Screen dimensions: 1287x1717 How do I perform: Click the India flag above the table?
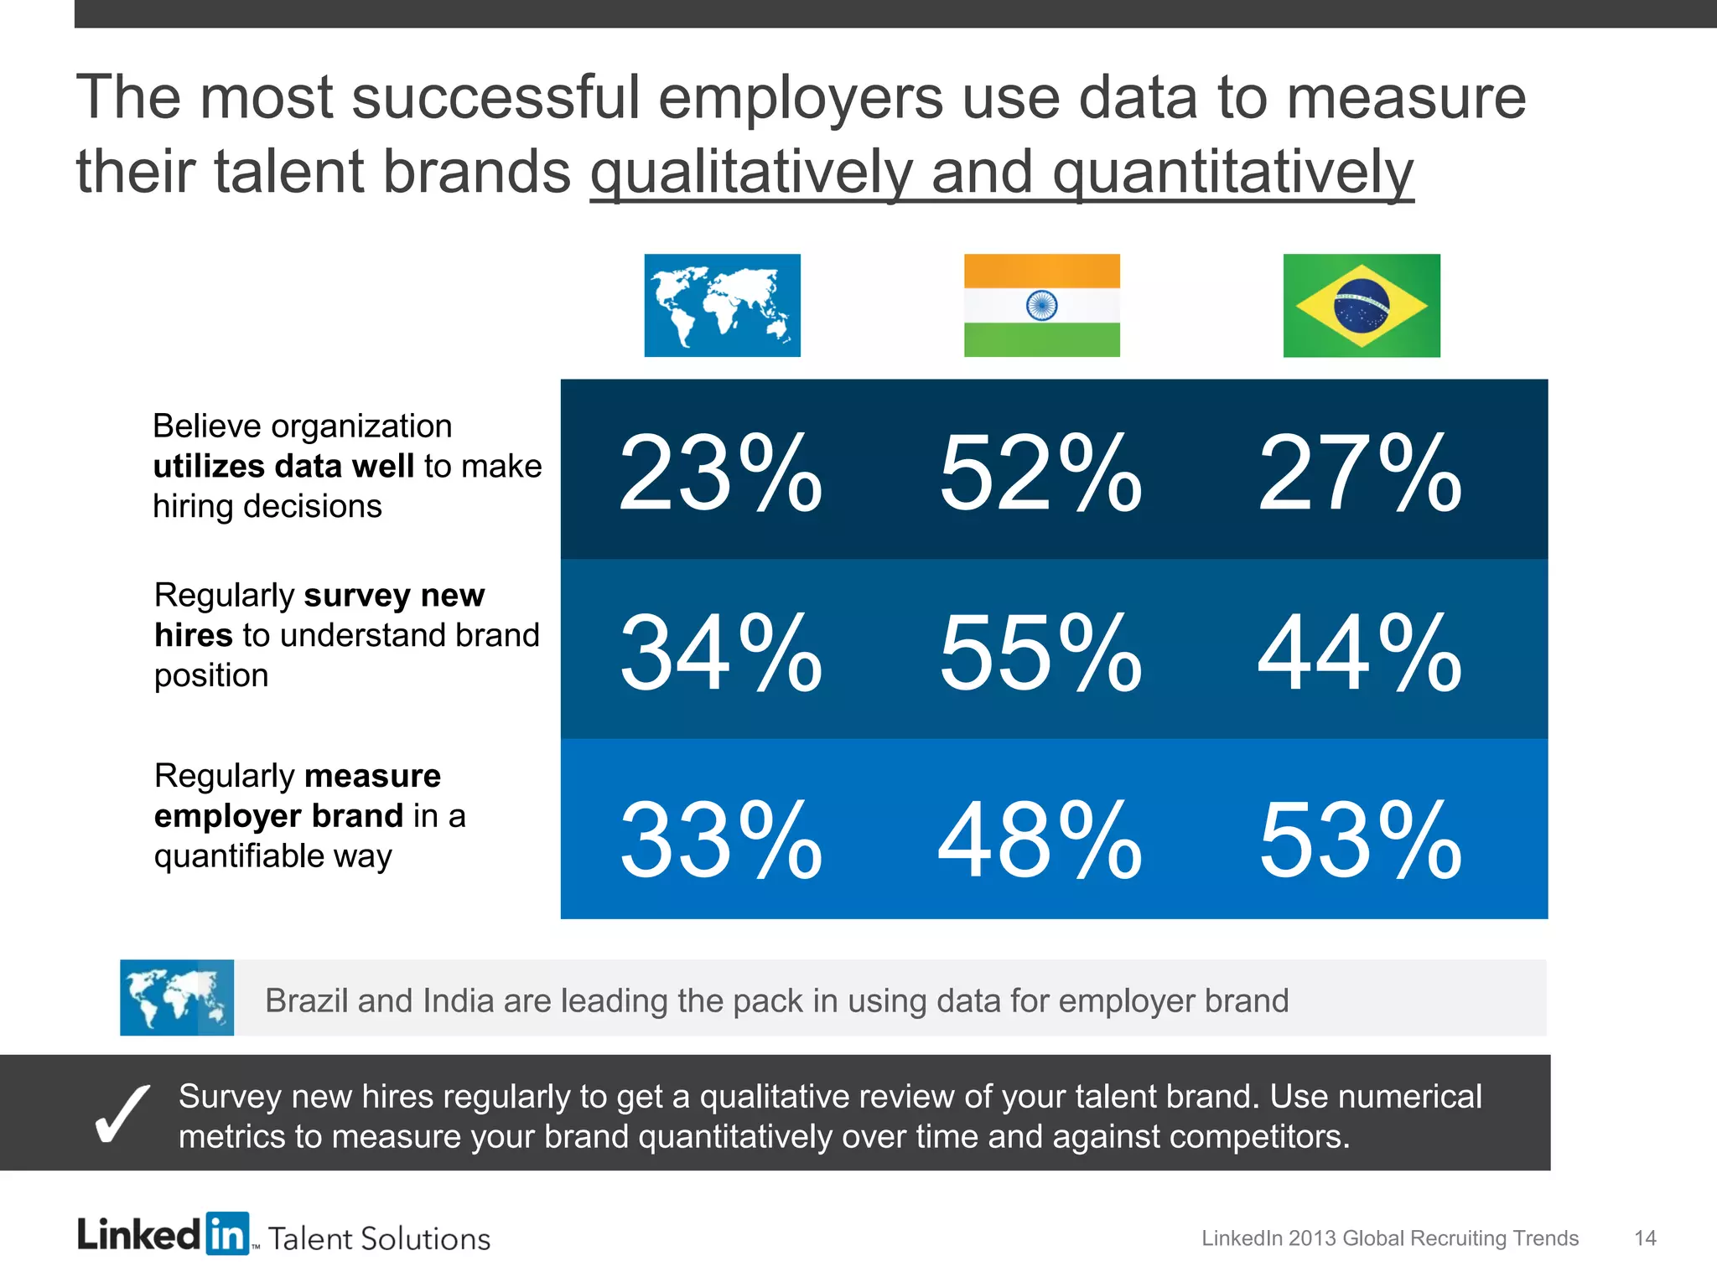point(1041,305)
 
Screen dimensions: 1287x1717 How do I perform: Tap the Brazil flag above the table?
point(1362,305)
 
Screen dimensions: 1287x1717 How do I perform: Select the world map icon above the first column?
point(722,305)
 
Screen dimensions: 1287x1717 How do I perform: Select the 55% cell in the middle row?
point(1040,653)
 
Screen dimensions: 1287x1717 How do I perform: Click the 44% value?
point(1360,653)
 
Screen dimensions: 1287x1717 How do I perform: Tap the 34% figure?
point(720,653)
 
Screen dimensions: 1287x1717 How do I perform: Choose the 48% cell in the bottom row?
point(1040,840)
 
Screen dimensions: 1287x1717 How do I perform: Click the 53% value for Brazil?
point(1360,840)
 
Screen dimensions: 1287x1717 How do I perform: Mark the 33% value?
point(720,840)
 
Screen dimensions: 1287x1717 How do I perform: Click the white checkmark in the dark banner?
point(122,1114)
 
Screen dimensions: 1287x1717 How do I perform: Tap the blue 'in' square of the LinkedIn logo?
point(227,1233)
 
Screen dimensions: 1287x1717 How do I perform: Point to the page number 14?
point(1645,1238)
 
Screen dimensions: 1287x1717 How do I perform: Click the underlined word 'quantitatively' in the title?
point(1232,173)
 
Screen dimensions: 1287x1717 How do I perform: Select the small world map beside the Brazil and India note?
point(177,997)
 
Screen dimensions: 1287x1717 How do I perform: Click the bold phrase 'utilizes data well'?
point(283,466)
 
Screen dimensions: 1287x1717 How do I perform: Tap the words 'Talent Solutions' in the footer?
point(379,1238)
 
